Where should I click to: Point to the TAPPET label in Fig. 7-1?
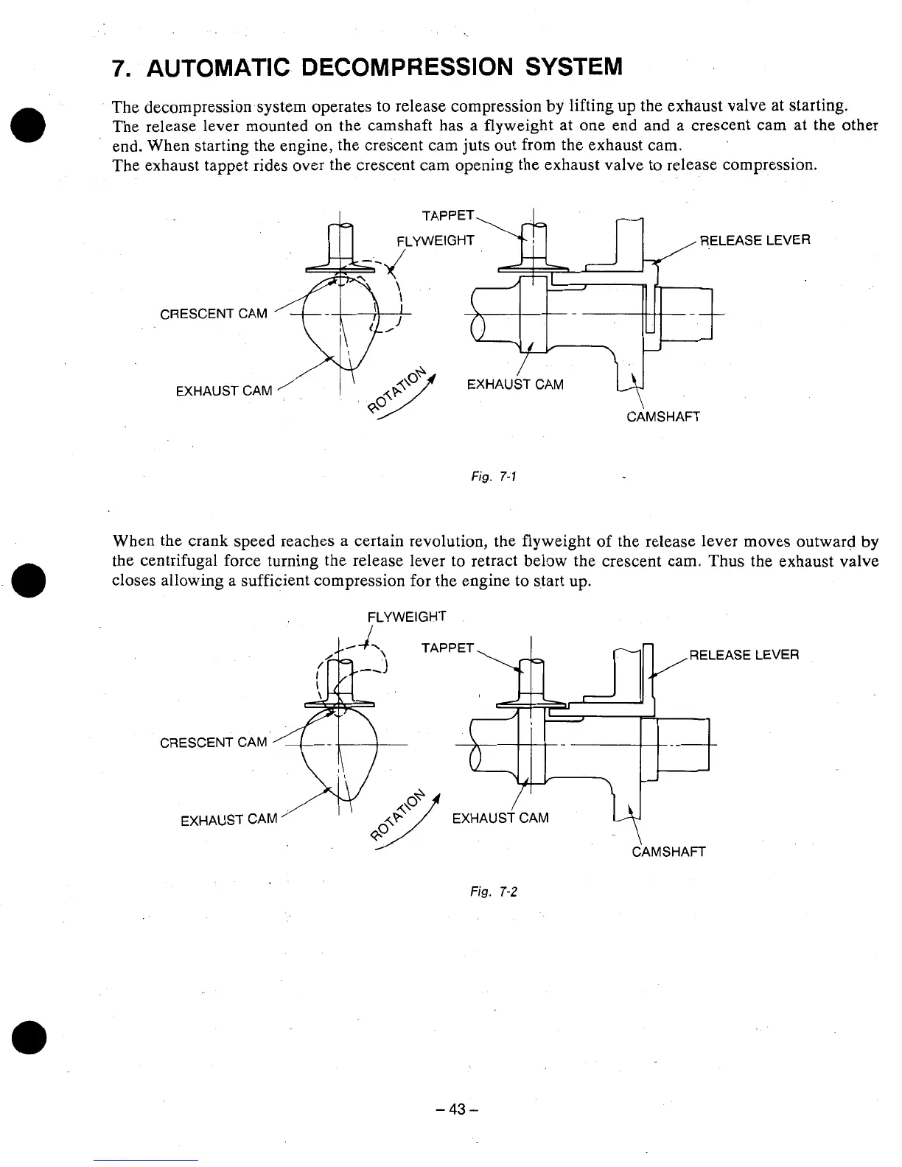click(x=447, y=215)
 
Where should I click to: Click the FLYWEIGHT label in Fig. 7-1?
click(x=435, y=241)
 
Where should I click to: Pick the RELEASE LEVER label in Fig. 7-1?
click(x=755, y=239)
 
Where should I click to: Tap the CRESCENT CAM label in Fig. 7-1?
click(x=214, y=314)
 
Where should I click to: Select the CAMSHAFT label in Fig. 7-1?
click(x=663, y=417)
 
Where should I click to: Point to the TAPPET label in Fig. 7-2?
click(x=447, y=648)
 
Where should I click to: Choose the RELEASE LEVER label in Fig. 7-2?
click(x=744, y=655)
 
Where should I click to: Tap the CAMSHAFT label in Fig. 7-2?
click(x=669, y=852)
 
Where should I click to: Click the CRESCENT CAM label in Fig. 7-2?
click(x=214, y=742)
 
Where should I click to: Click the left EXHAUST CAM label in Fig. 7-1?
click(x=224, y=390)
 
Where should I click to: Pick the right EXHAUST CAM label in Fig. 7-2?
click(x=500, y=818)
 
